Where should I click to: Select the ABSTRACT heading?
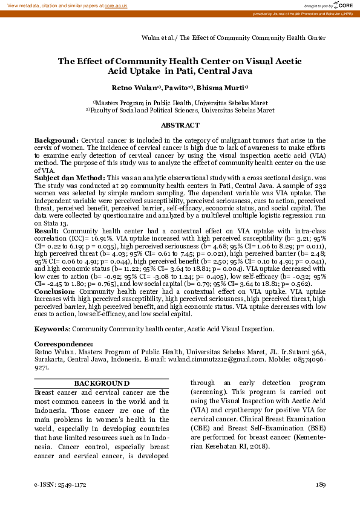180,125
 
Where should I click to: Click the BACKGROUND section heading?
101,383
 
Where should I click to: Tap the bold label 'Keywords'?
51,329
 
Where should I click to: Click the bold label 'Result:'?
47,231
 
